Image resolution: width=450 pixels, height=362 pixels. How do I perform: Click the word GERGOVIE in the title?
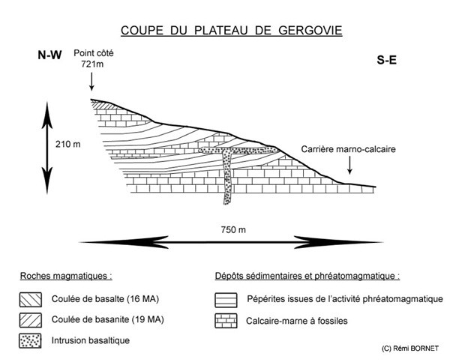coord(310,30)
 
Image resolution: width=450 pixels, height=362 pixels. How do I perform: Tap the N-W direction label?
coord(49,55)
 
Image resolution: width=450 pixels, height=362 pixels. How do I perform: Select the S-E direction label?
coord(386,60)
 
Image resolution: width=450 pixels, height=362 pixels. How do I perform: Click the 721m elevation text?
coord(92,64)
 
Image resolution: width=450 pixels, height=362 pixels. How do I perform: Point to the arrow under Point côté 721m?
coord(91,82)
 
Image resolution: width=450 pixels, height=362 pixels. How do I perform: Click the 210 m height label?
coord(68,144)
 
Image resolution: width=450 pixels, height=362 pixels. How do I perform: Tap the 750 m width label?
coord(233,230)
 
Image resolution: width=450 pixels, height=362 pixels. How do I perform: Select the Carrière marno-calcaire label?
coord(349,149)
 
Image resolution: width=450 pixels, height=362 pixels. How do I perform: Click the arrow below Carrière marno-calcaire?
coord(349,166)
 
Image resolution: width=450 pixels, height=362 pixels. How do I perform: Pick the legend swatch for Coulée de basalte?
coord(31,300)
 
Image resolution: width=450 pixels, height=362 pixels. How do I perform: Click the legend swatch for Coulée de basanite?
coord(31,320)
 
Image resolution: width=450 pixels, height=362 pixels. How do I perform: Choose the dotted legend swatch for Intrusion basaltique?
coord(30,341)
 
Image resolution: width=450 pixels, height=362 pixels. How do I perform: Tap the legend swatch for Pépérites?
coord(226,300)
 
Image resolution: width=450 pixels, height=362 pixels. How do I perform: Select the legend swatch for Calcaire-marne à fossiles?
coord(226,321)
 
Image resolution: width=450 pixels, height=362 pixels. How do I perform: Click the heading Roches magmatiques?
coord(66,276)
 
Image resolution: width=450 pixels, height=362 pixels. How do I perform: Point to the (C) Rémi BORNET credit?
coord(410,349)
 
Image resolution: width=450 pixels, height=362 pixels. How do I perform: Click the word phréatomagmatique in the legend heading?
coord(355,276)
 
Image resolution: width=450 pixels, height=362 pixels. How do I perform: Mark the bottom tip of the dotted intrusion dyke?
coord(226,204)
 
